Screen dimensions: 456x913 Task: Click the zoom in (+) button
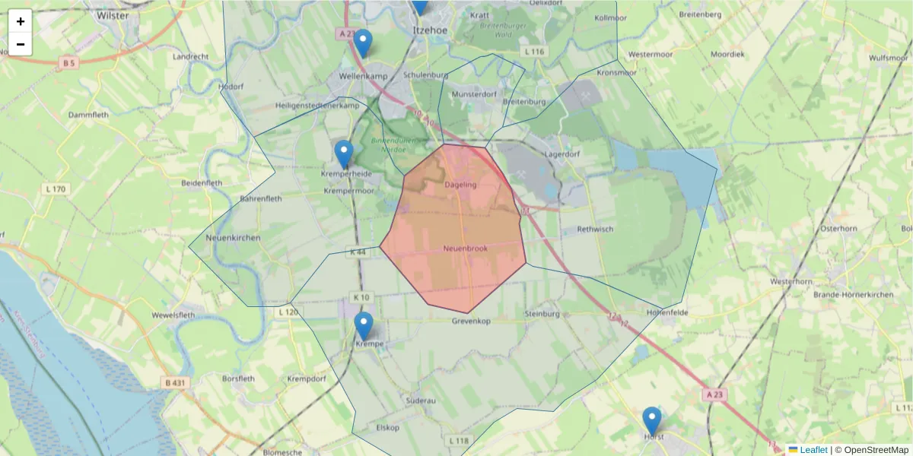click(x=21, y=21)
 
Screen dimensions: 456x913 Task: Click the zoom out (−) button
click(x=21, y=44)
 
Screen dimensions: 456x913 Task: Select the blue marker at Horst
click(x=651, y=421)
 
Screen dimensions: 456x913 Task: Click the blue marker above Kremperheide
click(x=344, y=154)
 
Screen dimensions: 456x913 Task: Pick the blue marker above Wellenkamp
click(x=363, y=43)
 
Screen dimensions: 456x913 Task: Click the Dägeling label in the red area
click(x=460, y=185)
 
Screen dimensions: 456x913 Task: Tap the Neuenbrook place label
click(x=466, y=249)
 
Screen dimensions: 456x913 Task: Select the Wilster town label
click(x=113, y=14)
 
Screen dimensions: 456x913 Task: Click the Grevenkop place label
click(x=471, y=321)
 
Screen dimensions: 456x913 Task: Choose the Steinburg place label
click(x=542, y=314)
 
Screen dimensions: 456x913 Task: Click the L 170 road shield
click(x=56, y=188)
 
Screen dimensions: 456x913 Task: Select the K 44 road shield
click(x=358, y=252)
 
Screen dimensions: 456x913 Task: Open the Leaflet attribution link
click(x=813, y=450)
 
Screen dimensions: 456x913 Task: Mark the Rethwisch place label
click(x=595, y=229)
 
